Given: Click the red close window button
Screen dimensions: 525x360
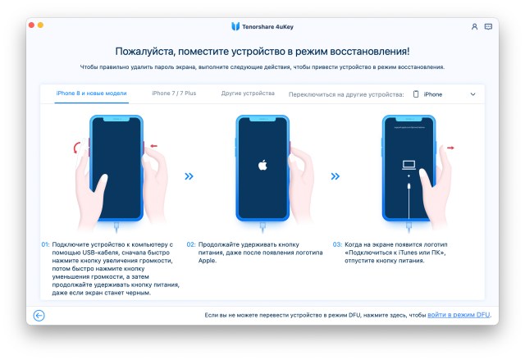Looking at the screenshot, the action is coord(31,25).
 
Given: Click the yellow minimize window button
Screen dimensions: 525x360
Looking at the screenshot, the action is coord(40,25).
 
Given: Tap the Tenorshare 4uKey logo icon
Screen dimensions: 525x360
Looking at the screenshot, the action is coord(235,26).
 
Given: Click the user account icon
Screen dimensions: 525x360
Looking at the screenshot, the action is coord(474,27).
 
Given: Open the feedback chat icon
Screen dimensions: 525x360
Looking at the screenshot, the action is coord(489,27).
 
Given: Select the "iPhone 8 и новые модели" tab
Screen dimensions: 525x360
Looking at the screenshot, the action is coord(91,93).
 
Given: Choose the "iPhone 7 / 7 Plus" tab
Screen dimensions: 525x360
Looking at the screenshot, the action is coord(174,93).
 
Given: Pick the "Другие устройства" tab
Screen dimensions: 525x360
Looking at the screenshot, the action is coord(248,93).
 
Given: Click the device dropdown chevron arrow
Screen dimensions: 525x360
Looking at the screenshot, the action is coord(472,94).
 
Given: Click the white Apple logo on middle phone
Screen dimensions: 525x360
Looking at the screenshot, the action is coord(262,165).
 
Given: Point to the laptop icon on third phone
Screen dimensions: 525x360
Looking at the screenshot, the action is coord(409,165).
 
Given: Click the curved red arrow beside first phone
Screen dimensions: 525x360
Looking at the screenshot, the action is coord(76,148).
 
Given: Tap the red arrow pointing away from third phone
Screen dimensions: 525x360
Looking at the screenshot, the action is coord(450,148).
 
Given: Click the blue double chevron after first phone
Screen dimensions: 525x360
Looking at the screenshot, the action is coord(189,176).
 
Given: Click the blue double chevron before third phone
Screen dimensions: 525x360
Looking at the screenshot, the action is coord(336,176).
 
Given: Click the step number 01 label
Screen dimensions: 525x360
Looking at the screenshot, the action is coord(45,244).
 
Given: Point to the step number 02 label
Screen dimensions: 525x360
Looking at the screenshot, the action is coord(191,244).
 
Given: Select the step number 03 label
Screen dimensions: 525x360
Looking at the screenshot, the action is coord(337,244).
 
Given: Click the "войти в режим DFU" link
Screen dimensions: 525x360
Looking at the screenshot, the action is coord(459,315).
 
